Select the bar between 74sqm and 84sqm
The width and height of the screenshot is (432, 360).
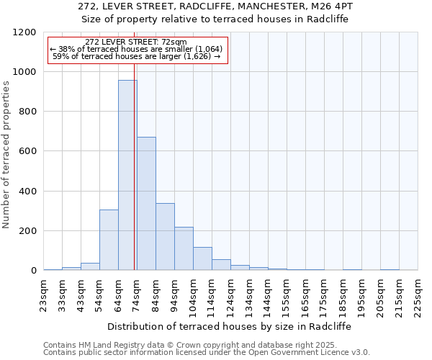(146, 204)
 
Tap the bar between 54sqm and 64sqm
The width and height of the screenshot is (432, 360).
(109, 240)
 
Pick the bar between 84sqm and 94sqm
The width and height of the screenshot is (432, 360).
(165, 237)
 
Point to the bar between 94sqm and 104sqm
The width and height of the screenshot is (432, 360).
(184, 248)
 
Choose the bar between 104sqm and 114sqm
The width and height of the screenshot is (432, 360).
(202, 258)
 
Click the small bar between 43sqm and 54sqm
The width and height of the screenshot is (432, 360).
(90, 266)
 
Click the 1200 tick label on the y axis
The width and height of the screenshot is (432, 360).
(24, 32)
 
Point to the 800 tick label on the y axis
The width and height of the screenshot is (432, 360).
(27, 112)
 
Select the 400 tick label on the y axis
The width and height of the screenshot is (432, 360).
(27, 192)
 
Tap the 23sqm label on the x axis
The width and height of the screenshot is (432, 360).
(44, 294)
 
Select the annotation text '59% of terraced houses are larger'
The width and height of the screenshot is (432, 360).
(136, 56)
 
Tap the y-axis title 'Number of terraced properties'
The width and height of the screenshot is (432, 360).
(6, 154)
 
